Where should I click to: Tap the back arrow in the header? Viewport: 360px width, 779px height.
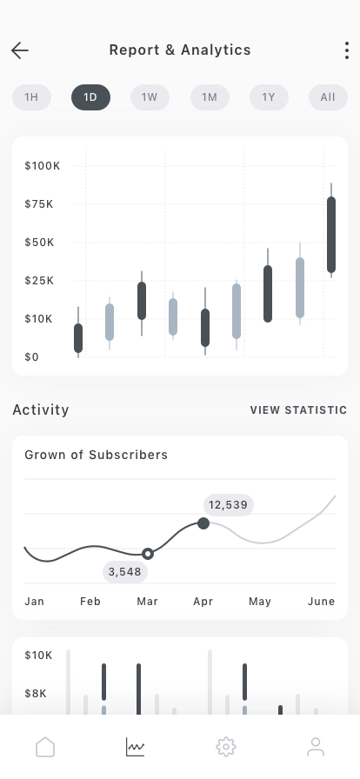point(20,50)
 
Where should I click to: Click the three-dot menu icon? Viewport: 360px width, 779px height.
point(346,50)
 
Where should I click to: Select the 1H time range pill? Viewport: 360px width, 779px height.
point(31,97)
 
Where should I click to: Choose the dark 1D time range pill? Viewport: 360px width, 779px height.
point(90,97)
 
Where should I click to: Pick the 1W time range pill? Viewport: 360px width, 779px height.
point(150,97)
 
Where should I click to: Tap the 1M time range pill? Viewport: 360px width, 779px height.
point(210,97)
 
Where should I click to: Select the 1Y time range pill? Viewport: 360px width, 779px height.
point(269,97)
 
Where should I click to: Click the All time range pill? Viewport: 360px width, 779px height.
point(328,97)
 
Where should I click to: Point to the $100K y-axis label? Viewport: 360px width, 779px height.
point(43,165)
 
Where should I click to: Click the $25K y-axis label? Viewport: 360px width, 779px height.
point(39,280)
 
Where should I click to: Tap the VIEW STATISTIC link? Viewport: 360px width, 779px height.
point(298,410)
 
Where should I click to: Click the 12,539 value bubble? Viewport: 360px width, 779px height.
point(229,504)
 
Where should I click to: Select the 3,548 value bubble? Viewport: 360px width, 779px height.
point(125,571)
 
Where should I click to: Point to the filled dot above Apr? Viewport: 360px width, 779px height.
point(203,523)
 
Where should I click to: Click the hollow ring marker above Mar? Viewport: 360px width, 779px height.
point(148,553)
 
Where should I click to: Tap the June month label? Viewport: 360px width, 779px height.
point(321,602)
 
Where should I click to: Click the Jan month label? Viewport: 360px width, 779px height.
point(34,602)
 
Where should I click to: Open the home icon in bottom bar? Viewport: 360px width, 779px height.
point(44,747)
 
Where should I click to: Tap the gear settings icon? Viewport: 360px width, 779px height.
point(225,747)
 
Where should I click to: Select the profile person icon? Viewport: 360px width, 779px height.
point(316,747)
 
